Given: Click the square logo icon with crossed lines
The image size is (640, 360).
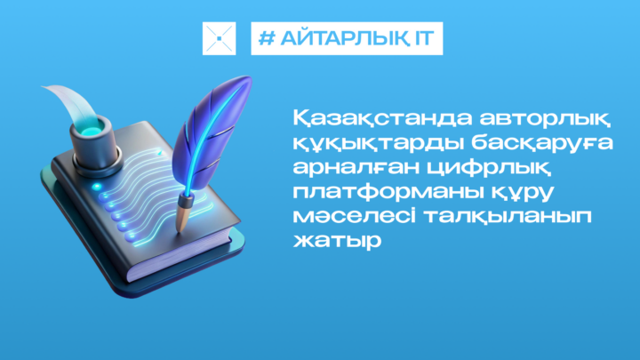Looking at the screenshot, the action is pyautogui.click(x=220, y=38).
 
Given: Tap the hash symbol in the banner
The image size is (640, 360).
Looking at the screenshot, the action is pyautogui.click(x=267, y=38).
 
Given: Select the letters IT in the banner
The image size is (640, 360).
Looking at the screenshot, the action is pyautogui.click(x=425, y=38).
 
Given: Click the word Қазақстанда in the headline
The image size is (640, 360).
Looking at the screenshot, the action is pyautogui.click(x=382, y=118).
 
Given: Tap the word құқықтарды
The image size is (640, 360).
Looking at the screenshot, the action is pyautogui.click(x=378, y=144).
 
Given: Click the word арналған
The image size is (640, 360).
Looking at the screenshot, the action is pyautogui.click(x=356, y=167).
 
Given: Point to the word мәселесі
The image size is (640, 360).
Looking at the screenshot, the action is pyautogui.click(x=355, y=215).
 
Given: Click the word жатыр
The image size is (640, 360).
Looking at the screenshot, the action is pyautogui.click(x=337, y=241).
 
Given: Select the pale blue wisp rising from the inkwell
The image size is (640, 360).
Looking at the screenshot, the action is pyautogui.click(x=72, y=102).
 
